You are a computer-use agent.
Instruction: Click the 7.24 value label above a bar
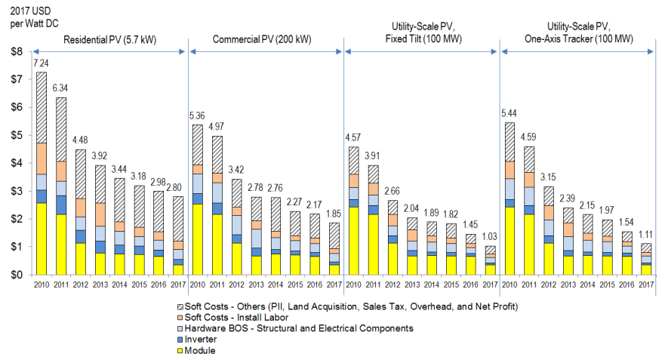[41, 64]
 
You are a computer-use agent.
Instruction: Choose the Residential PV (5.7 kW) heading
[109, 39]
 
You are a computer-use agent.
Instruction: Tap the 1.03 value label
[491, 238]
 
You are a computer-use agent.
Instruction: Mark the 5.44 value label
[509, 114]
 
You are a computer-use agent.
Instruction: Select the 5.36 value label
[197, 116]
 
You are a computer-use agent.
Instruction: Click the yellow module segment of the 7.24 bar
[41, 238]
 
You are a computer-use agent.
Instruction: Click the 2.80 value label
[178, 188]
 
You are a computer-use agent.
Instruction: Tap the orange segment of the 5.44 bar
[509, 170]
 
